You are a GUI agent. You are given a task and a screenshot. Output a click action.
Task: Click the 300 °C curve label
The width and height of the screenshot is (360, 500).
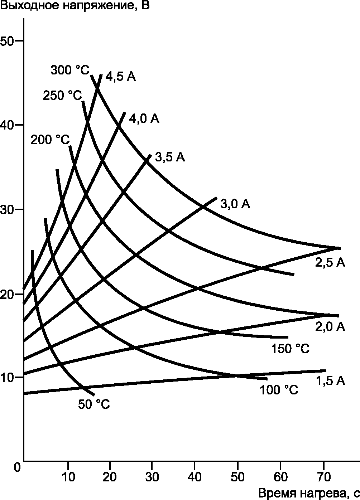point(70,70)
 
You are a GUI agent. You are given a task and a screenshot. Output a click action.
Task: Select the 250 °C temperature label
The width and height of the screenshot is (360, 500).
point(62,95)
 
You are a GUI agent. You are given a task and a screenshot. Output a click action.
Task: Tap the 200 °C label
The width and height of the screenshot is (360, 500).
point(50,140)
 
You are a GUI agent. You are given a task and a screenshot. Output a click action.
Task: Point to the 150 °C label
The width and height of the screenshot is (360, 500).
point(291,349)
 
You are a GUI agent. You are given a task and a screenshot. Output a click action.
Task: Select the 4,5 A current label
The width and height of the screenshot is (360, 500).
point(120,77)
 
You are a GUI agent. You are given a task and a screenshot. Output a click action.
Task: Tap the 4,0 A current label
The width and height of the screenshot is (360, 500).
point(144,118)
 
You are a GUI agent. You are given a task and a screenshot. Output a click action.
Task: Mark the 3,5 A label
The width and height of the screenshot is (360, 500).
point(170,157)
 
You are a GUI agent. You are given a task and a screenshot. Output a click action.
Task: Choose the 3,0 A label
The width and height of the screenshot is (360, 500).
point(235,204)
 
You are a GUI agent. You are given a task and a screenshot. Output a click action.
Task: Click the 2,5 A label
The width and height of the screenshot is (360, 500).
point(330,262)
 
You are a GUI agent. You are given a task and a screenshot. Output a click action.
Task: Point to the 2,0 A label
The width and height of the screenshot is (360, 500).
point(330,326)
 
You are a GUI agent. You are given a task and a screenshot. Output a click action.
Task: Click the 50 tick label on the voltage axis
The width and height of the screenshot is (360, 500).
point(7,41)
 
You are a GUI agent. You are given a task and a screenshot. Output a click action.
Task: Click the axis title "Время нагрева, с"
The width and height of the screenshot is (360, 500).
point(309,493)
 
